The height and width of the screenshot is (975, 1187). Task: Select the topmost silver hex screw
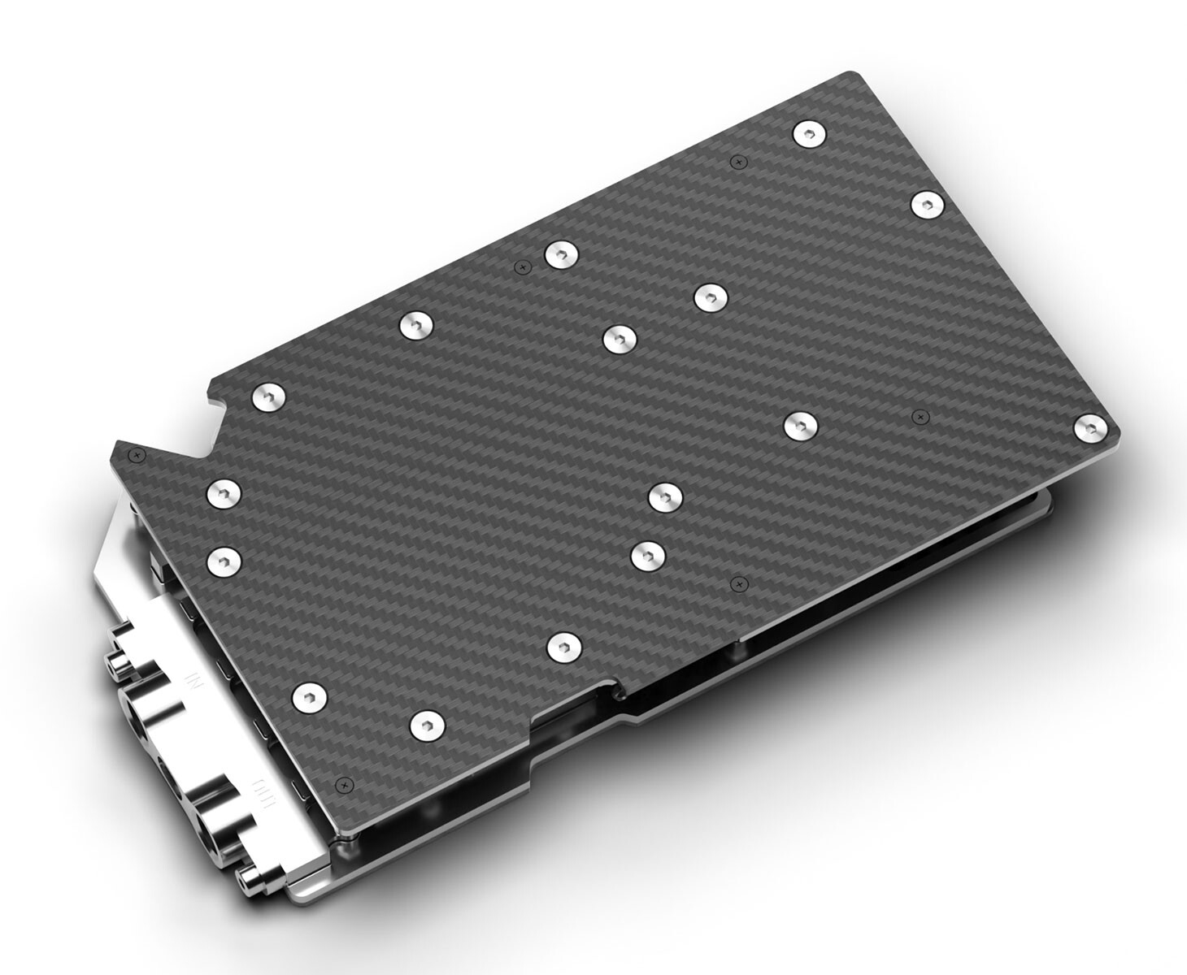(807, 133)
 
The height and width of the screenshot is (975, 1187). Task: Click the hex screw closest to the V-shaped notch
(268, 397)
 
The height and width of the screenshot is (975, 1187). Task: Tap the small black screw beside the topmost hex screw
(737, 162)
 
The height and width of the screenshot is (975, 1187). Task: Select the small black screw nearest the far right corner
(919, 417)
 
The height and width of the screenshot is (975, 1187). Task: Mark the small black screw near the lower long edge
(737, 583)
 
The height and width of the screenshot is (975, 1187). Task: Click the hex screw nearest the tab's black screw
(224, 492)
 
